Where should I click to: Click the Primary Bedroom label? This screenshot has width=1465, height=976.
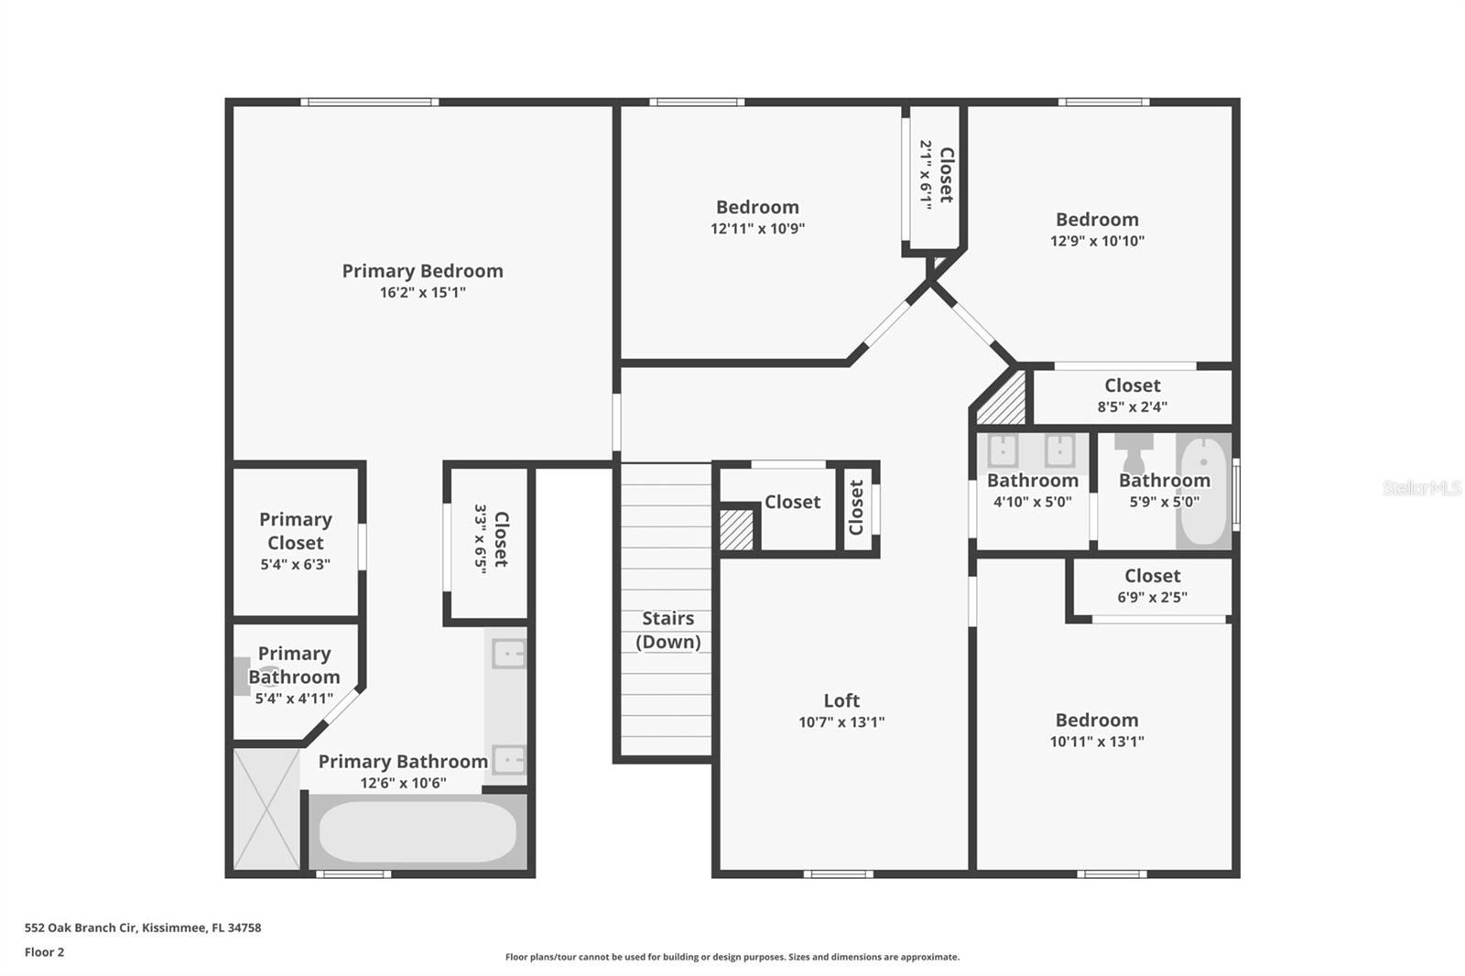[x=422, y=271]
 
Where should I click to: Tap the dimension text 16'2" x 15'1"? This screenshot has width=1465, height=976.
[x=422, y=293]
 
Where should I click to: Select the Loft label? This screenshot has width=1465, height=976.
[x=841, y=700]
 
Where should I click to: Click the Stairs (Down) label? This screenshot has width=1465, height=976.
[x=667, y=630]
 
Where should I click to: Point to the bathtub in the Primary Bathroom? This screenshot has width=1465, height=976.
[x=418, y=831]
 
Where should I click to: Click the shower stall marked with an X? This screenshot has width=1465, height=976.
[x=266, y=808]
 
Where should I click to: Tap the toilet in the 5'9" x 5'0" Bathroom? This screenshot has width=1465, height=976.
[x=1134, y=452]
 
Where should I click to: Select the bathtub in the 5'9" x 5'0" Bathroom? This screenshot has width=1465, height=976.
[x=1203, y=492]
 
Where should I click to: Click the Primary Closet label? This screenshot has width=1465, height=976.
[x=295, y=531]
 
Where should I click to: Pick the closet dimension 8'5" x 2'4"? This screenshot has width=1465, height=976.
[x=1132, y=407]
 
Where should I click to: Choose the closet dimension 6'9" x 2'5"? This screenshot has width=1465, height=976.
[x=1152, y=598]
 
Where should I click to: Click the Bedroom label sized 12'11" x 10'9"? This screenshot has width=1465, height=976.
[x=757, y=208]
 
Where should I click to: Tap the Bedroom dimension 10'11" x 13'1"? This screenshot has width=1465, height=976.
[x=1096, y=742]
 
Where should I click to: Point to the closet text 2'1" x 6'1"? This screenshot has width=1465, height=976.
[x=926, y=175]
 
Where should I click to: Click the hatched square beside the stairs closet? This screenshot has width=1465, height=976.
[x=736, y=530]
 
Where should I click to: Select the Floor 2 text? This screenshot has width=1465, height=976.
[x=44, y=952]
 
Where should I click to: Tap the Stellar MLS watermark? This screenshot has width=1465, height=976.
[x=1421, y=488]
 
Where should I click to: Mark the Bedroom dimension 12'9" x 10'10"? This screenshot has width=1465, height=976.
[x=1097, y=242]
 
